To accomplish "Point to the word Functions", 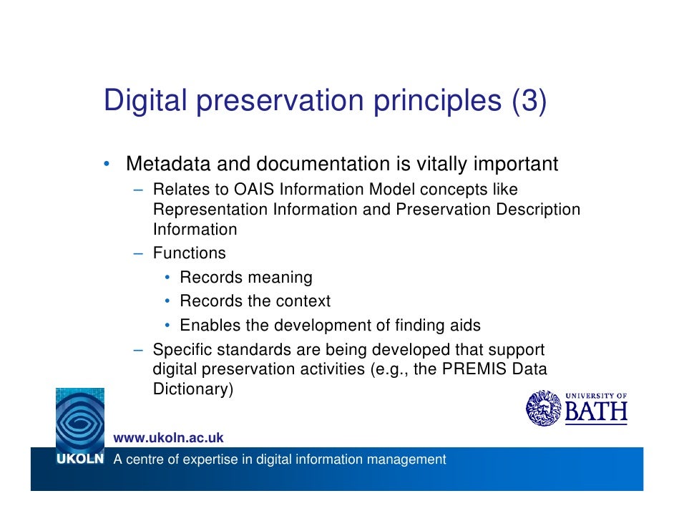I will click(189, 253).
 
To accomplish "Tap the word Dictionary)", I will click(192, 389).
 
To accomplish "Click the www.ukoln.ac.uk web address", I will click(169, 437).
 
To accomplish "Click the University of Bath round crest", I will click(544, 408).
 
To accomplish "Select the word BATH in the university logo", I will click(596, 412).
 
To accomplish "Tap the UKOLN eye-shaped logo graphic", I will click(79, 420).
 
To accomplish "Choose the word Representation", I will click(210, 210).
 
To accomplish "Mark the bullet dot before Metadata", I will click(105, 165).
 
